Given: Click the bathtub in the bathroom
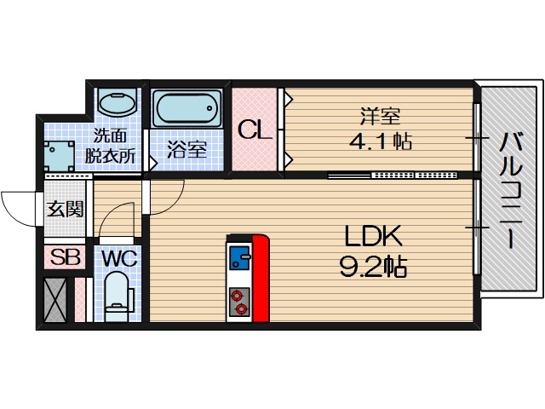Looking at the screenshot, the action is point(188,108).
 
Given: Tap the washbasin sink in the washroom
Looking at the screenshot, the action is point(117,102).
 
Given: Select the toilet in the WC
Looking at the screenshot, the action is point(117,297).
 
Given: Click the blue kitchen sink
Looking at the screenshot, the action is point(238,257).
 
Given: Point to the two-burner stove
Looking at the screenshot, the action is point(238,302).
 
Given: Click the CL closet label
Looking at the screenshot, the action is point(254,130).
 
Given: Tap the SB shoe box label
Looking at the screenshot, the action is point(65,257).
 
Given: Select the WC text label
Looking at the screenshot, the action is point(119,259).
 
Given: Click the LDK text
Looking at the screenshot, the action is point(373,236).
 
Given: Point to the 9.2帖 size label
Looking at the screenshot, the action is point(373,268).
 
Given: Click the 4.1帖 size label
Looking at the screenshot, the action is point(381,141).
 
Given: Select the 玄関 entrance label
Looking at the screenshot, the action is point(66,209).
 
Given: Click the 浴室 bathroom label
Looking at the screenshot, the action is point(187,150).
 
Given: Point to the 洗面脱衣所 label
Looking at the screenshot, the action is point(110,146).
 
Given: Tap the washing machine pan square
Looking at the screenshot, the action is point(59,155).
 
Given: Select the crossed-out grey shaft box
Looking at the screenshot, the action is point(55,300).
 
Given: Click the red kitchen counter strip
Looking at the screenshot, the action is point(260,279).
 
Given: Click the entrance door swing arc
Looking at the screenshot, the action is point(14,213).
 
